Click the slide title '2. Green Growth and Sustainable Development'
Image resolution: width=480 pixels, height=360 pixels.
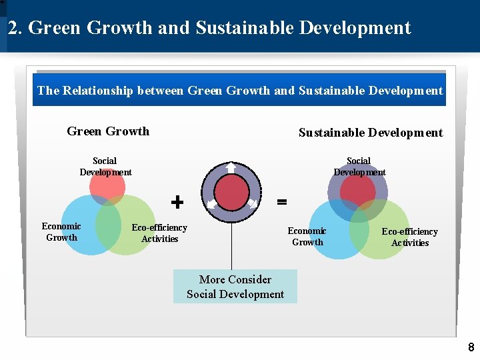pos(209,28)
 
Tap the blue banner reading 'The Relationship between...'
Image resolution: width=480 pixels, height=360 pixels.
pos(240,91)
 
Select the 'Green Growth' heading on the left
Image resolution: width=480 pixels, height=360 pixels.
pos(108,131)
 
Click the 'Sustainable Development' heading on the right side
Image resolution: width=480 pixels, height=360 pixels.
pos(370,133)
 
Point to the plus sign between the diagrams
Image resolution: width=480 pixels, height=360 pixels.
pos(177,201)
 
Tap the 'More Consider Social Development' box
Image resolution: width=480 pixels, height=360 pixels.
pos(235,287)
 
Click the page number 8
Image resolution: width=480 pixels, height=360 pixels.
pos(471,347)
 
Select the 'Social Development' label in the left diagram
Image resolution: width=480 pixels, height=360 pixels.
pos(105,167)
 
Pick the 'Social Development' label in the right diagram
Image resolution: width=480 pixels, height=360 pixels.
pos(359,167)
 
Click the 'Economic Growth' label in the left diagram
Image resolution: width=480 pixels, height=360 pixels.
pos(61,232)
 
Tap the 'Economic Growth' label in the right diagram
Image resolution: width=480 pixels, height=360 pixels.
pos(307,237)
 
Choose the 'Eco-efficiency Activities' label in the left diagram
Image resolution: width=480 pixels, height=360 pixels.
pos(159,233)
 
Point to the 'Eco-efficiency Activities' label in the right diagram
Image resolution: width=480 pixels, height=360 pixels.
pos(410,237)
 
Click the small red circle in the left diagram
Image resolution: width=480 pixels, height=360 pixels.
pos(107,187)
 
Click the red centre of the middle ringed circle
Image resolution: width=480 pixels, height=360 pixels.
pos(231,193)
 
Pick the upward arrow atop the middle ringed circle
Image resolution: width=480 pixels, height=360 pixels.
pos(231,167)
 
